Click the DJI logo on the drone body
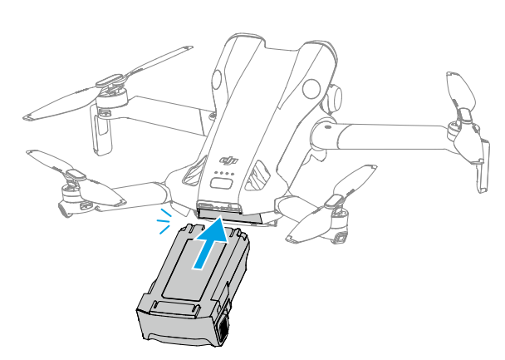point(229,160)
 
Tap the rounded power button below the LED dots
point(222,184)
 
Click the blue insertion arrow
point(211,243)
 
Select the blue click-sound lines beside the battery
point(164,221)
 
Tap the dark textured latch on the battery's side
point(224,328)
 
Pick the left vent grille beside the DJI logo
point(194,171)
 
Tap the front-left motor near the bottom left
point(71,196)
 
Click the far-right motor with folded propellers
point(463,132)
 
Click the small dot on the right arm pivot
point(327,126)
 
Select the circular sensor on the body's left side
point(217,79)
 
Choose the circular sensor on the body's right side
point(311,89)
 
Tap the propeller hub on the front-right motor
point(335,201)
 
